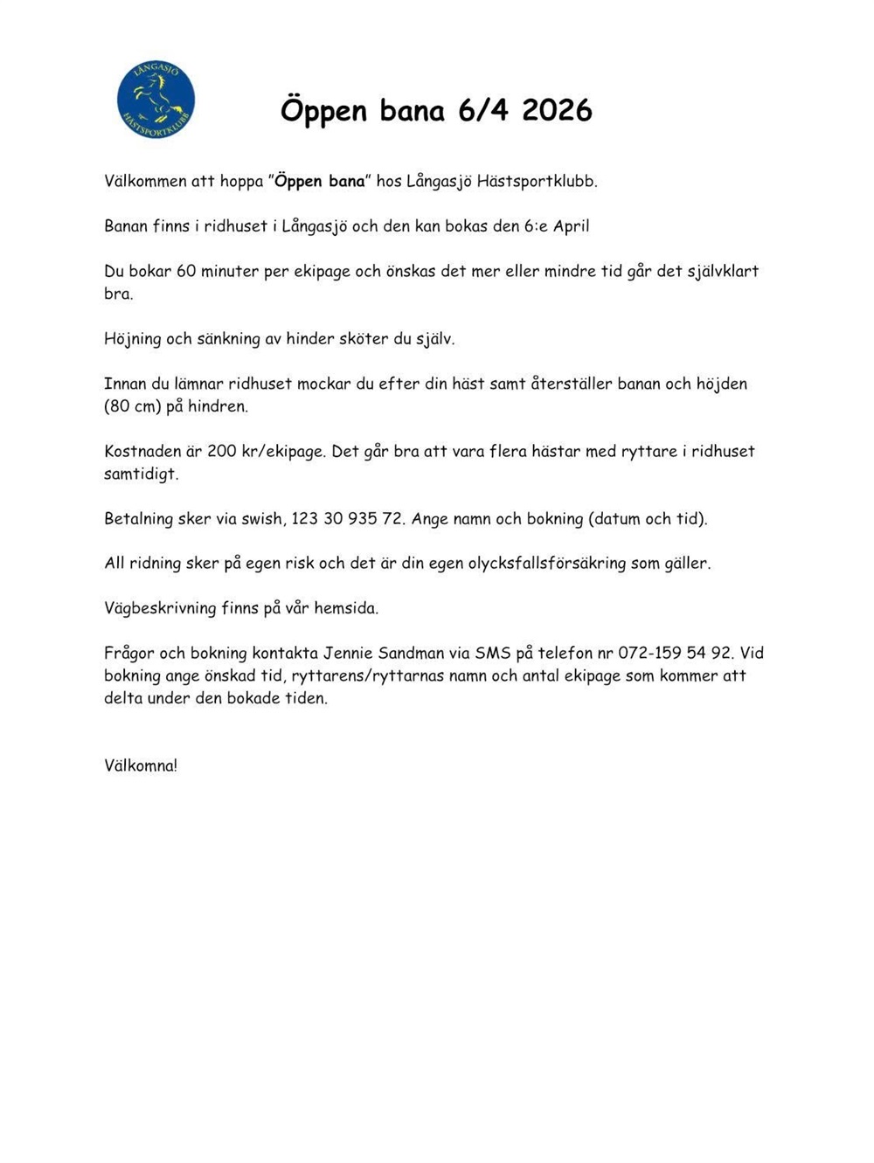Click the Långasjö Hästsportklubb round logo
pyautogui.click(x=156, y=100)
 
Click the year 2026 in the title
pyautogui.click(x=557, y=110)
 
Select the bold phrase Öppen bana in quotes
pyautogui.click(x=320, y=182)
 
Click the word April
pyautogui.click(x=571, y=226)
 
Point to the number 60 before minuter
pyautogui.click(x=186, y=271)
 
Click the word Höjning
pyautogui.click(x=133, y=339)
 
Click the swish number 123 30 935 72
pyautogui.click(x=347, y=519)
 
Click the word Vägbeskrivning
pyautogui.click(x=160, y=608)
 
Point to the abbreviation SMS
pyautogui.click(x=493, y=654)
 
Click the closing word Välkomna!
pyautogui.click(x=141, y=765)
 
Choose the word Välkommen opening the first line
pyautogui.click(x=146, y=182)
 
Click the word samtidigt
pyautogui.click(x=141, y=474)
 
